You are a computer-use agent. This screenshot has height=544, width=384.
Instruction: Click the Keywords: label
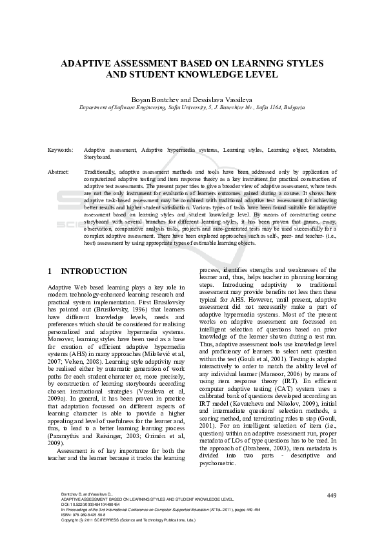coord(61,149)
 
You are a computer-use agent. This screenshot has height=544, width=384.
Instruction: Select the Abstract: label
coord(59,173)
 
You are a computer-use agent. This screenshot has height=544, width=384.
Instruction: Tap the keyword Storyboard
coord(98,156)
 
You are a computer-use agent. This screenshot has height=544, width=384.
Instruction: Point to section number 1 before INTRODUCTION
coord(51,271)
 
